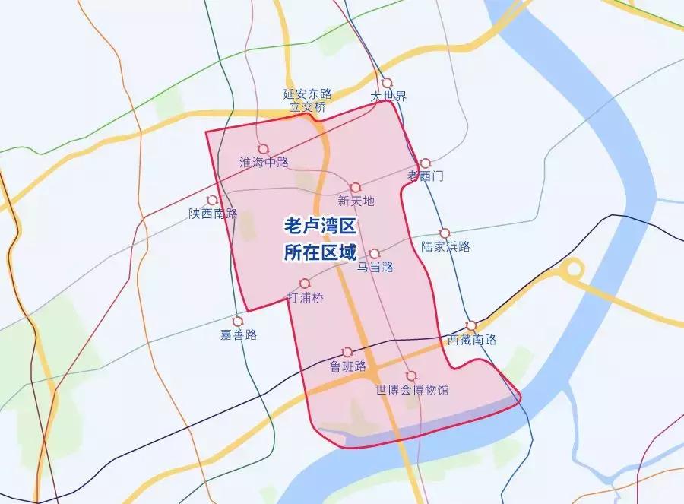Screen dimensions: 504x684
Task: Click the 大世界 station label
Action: (x=388, y=97)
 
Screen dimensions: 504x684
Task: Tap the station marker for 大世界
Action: (x=387, y=83)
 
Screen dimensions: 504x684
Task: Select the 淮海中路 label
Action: (x=264, y=163)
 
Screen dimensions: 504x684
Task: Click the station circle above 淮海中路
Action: (x=263, y=149)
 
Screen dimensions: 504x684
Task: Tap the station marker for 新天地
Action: (x=355, y=187)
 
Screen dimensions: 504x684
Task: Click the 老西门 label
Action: (x=426, y=176)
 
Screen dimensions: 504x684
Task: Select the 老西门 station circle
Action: (x=425, y=163)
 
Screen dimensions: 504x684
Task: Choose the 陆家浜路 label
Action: (x=446, y=246)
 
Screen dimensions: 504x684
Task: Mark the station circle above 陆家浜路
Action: (x=445, y=233)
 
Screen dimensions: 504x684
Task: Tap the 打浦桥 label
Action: (x=306, y=297)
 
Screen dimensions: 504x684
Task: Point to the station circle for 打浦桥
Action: (x=305, y=284)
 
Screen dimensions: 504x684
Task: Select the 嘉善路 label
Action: (x=239, y=334)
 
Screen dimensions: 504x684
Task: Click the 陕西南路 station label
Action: (x=214, y=214)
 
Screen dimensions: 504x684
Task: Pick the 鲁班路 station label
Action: (x=348, y=366)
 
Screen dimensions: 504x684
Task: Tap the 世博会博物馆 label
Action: (x=412, y=390)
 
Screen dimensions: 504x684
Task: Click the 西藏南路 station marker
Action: (x=472, y=325)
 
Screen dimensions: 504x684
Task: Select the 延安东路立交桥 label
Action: (x=308, y=100)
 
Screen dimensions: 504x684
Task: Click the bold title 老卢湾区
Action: (x=320, y=227)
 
